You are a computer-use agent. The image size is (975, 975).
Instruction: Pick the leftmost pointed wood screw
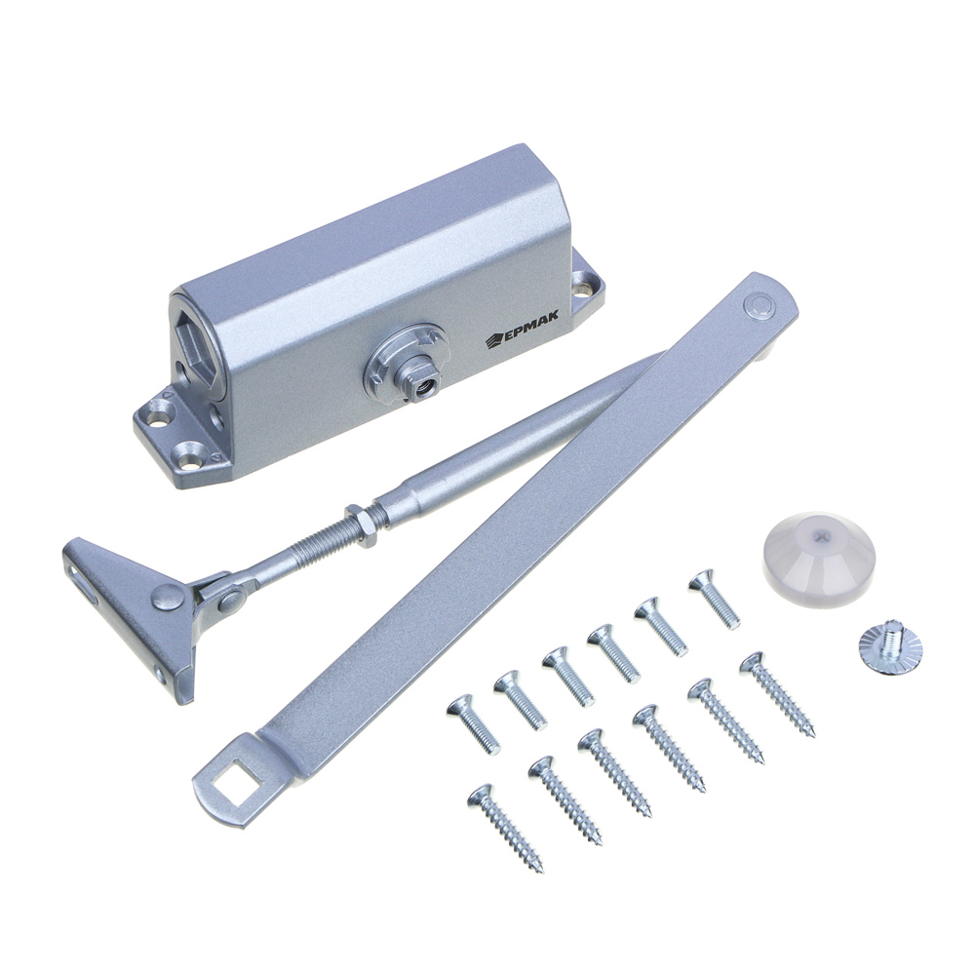click(x=505, y=828)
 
